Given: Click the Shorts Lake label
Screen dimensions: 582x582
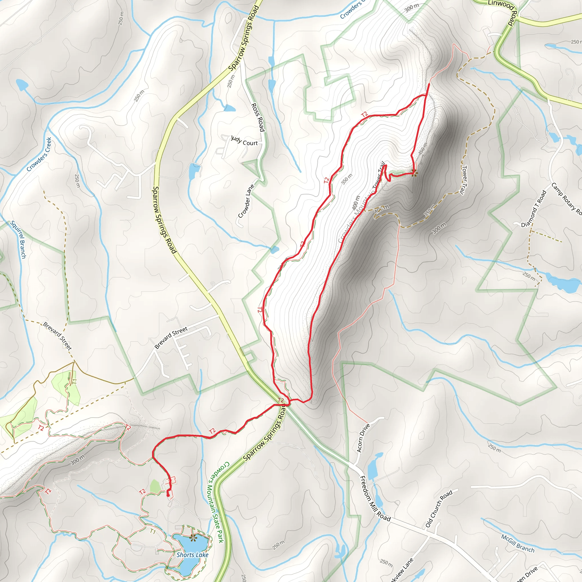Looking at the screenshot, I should [x=192, y=555].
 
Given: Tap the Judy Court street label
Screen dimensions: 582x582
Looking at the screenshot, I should [x=244, y=141].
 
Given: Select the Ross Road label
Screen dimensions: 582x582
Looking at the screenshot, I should [x=258, y=117].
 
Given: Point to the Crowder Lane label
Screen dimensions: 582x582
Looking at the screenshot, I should [x=246, y=201].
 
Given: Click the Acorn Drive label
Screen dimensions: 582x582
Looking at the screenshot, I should [x=363, y=438].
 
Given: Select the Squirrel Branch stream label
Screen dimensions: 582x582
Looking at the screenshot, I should [x=18, y=240].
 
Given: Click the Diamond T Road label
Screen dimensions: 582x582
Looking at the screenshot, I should [x=534, y=209].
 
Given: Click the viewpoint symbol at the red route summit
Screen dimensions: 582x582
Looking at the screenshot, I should [x=414, y=173].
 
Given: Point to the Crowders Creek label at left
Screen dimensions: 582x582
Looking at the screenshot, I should [x=39, y=154].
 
